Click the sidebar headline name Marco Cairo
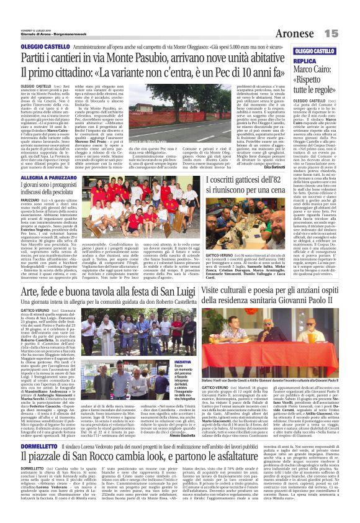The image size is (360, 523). coord(307,71)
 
